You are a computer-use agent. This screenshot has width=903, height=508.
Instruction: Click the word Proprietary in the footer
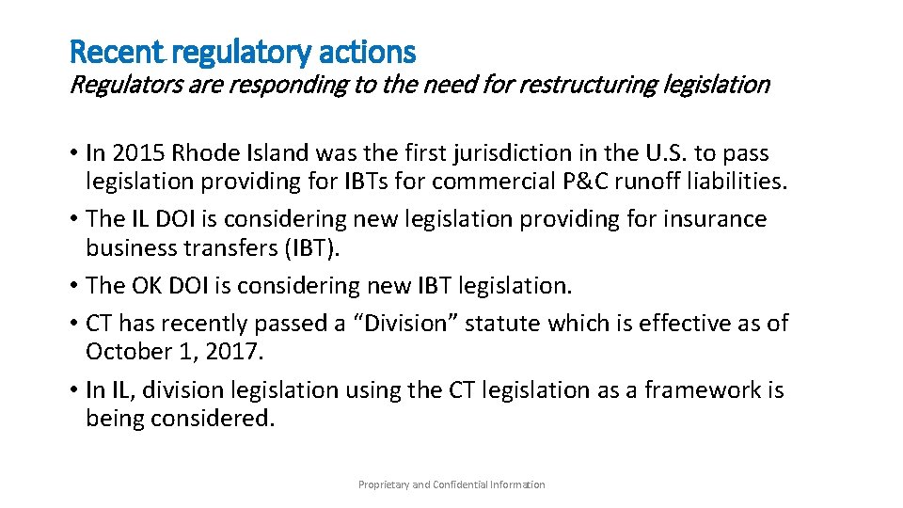point(384,484)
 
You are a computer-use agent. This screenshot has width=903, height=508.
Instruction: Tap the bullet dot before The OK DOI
point(72,286)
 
